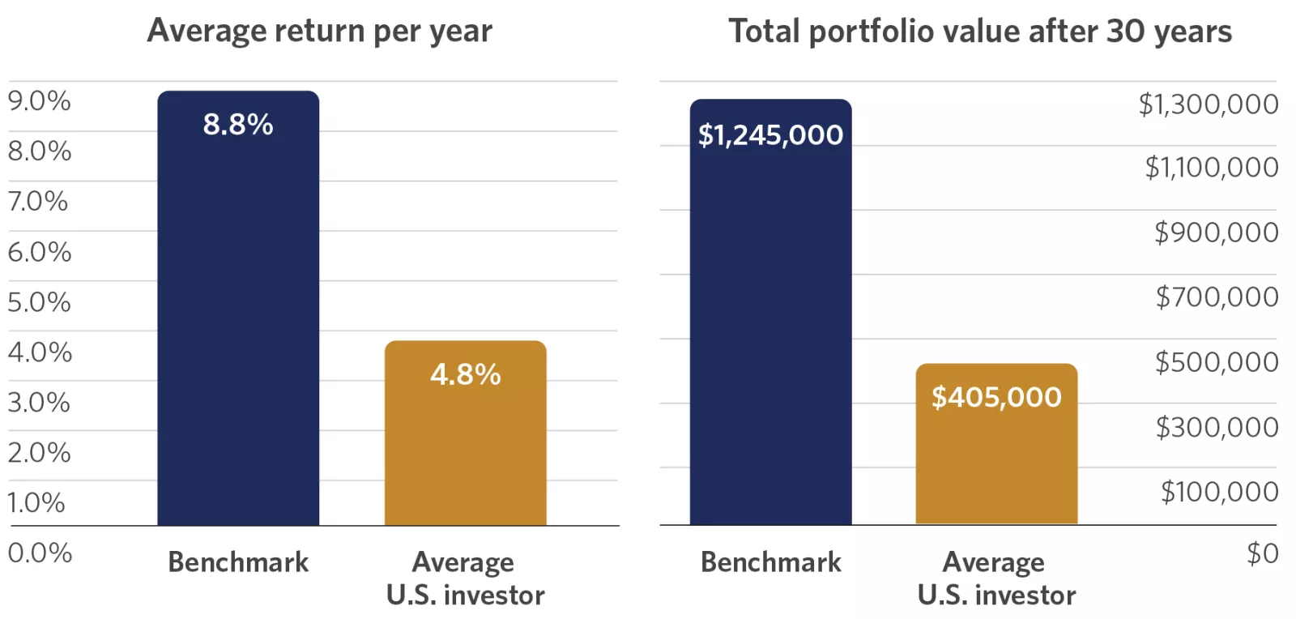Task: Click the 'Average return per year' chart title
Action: click(319, 32)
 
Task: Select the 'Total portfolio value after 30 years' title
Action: click(979, 32)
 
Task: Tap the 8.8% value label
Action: click(238, 125)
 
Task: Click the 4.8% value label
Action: click(466, 374)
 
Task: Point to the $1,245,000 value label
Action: click(770, 134)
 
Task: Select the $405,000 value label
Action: click(996, 397)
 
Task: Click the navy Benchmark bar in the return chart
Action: click(238, 324)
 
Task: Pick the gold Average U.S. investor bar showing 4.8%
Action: click(466, 454)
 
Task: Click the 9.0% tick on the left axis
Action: click(39, 101)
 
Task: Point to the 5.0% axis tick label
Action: click(39, 302)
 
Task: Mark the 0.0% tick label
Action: click(40, 553)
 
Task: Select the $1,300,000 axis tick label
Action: click(1208, 105)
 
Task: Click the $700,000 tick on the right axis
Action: click(1217, 297)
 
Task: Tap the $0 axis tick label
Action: click(1262, 553)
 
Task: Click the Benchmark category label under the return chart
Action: click(238, 562)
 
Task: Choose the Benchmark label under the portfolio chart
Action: click(770, 562)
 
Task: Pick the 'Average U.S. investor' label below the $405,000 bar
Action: click(996, 578)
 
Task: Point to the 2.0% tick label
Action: click(39, 453)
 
